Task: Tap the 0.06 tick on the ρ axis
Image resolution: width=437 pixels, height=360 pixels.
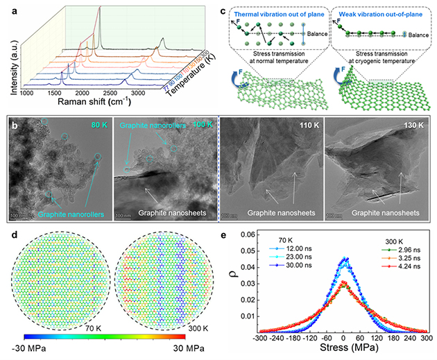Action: point(246,239)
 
